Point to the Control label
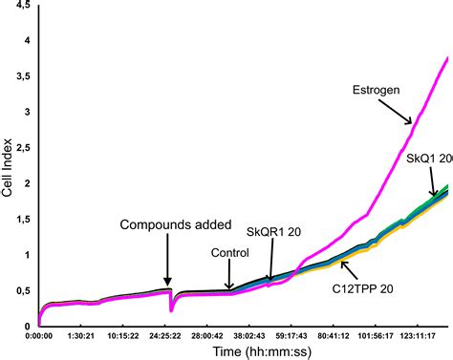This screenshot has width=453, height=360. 229,253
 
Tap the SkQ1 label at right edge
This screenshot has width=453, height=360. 427,158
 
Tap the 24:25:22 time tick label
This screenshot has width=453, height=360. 166,336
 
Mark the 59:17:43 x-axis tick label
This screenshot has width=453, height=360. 293,336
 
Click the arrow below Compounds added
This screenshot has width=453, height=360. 166,258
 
